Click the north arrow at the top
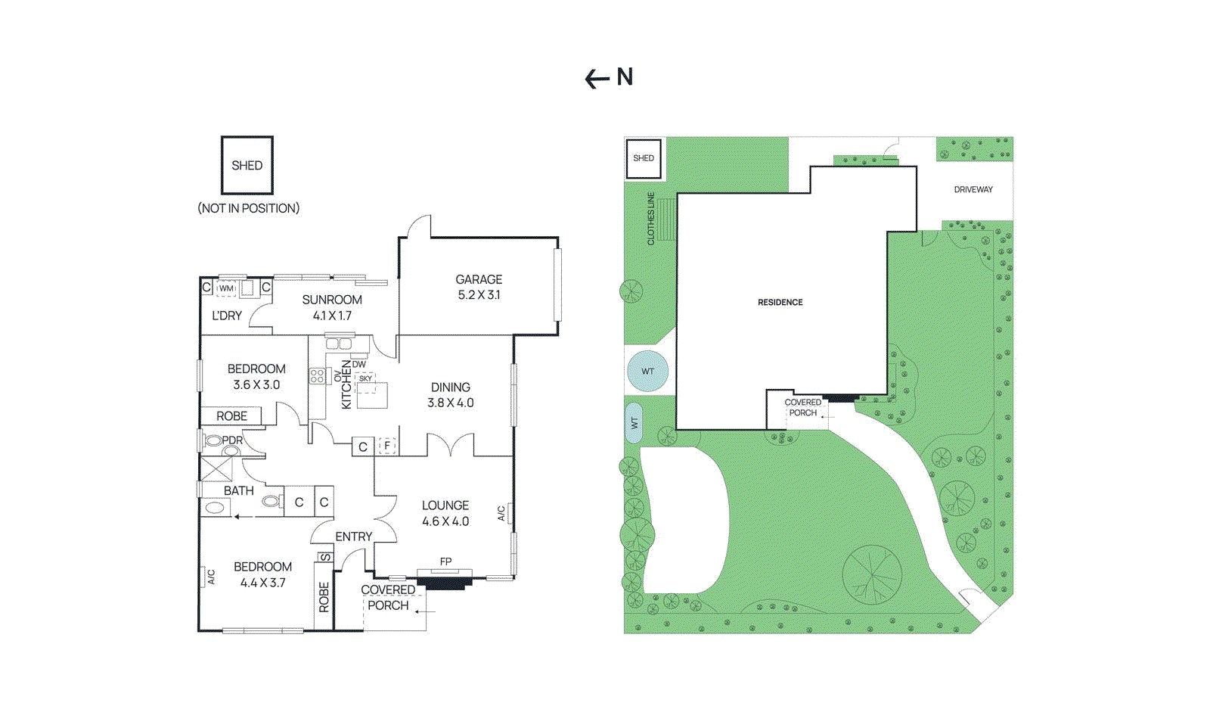tap(597, 79)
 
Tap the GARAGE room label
tap(479, 279)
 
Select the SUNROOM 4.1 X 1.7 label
tap(332, 307)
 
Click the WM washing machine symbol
tap(226, 288)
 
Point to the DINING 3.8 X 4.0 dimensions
tap(451, 403)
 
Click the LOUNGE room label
tap(445, 505)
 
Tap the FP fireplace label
tap(445, 562)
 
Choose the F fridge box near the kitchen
tap(387, 446)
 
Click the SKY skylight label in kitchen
tap(366, 378)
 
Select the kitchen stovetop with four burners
tap(317, 376)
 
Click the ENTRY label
tap(354, 537)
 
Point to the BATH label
tap(239, 490)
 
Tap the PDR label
tap(232, 440)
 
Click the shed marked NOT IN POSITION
tap(247, 166)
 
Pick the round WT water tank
tap(647, 372)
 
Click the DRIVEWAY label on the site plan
tap(973, 190)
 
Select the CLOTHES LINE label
tap(651, 218)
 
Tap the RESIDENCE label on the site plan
tap(780, 302)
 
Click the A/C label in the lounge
tap(501, 513)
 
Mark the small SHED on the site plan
tap(644, 158)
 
